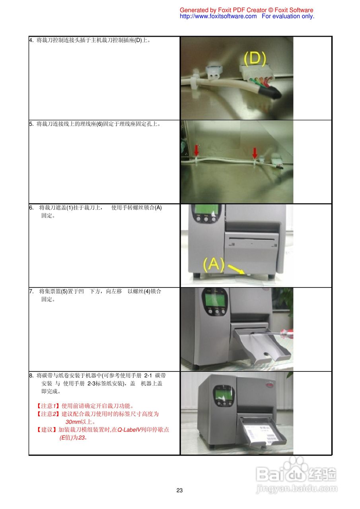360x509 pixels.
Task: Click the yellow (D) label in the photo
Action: click(x=255, y=59)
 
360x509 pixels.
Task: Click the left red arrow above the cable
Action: click(x=196, y=150)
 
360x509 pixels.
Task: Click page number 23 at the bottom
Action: click(x=179, y=490)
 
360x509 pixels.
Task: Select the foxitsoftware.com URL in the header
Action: click(x=218, y=16)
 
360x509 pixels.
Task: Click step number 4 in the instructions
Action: click(x=31, y=40)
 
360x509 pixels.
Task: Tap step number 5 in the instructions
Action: click(x=31, y=124)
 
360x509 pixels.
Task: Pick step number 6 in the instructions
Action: click(x=31, y=208)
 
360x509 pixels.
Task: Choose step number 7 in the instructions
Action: click(x=31, y=291)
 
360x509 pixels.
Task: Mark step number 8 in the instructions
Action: click(x=31, y=375)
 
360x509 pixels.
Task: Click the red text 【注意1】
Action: click(x=48, y=406)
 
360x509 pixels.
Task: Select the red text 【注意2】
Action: click(x=48, y=414)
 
